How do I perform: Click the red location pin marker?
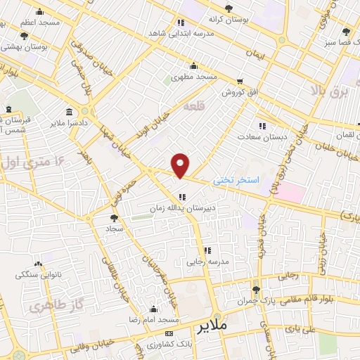coord(181,165)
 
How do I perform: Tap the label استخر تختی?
coord(236,181)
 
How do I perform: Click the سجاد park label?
coord(115,230)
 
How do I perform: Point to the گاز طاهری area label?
coord(50,307)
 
